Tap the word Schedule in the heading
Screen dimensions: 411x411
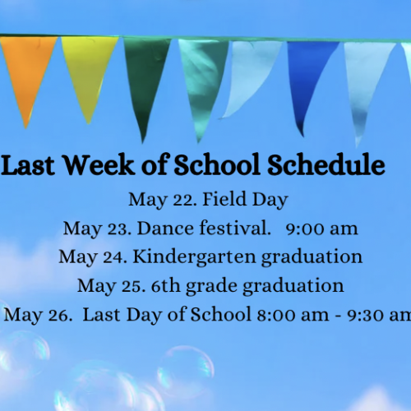[326, 164]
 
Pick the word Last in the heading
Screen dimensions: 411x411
[28, 165]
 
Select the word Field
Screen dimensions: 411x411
[224, 199]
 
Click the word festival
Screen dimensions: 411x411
[233, 228]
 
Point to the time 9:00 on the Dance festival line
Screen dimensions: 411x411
[305, 229]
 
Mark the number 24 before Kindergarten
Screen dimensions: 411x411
[113, 258]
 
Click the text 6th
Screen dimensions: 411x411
[165, 286]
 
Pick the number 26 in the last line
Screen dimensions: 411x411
[58, 316]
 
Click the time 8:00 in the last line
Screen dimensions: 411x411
[276, 315]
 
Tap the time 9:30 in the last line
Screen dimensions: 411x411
[366, 315]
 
